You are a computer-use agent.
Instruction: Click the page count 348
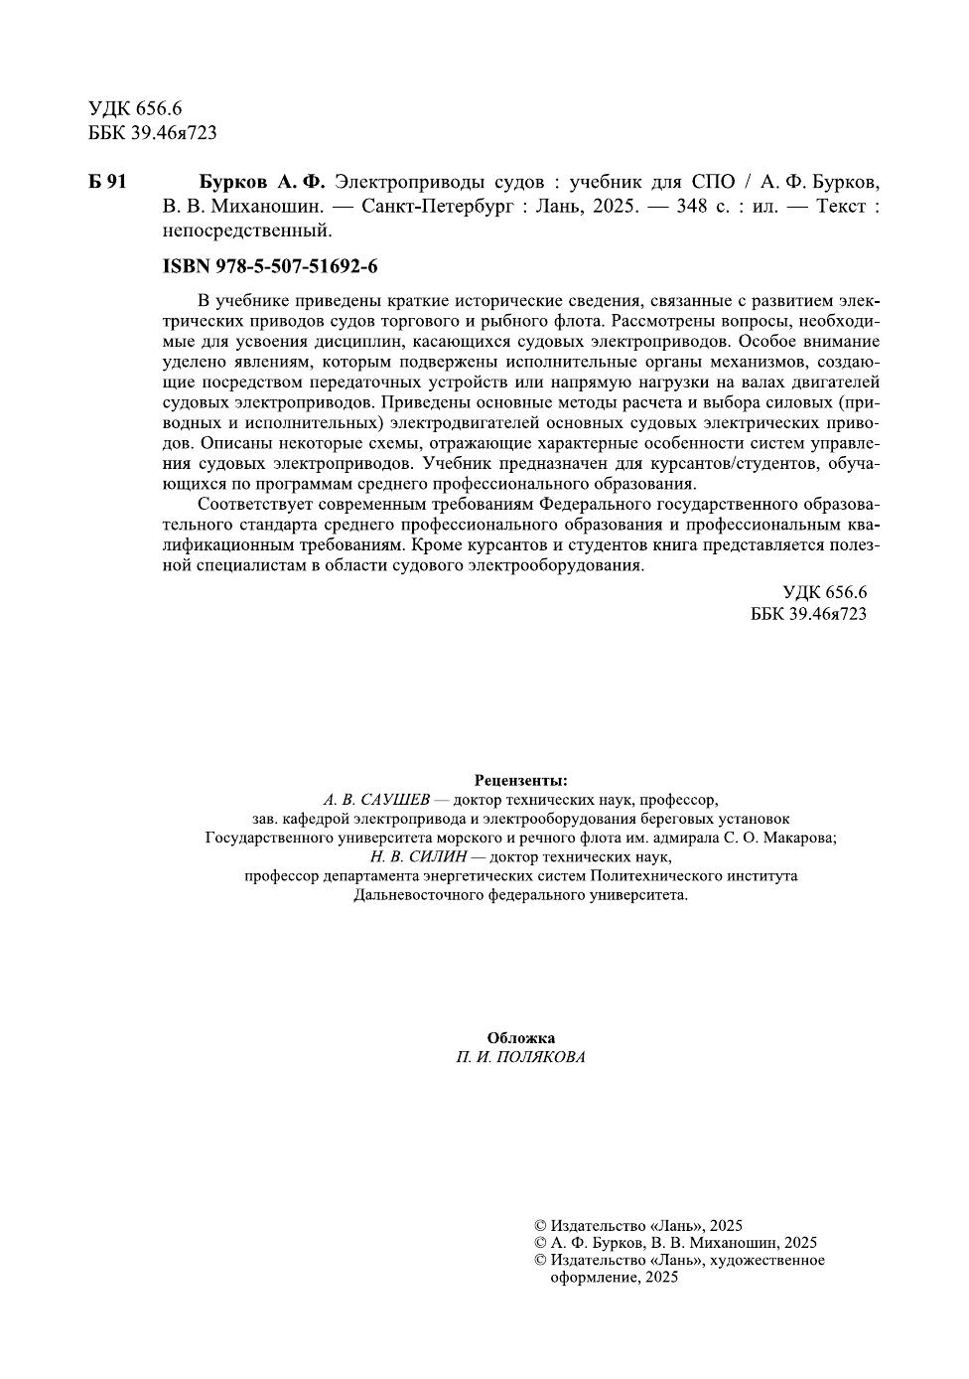click(x=692, y=207)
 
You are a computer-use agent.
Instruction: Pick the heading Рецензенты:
click(x=521, y=780)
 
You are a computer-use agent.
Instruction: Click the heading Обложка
click(x=521, y=1038)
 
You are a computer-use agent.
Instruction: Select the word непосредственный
click(x=245, y=230)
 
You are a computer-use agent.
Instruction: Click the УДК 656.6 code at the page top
click(x=130, y=108)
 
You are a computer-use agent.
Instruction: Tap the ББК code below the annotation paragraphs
click(x=808, y=614)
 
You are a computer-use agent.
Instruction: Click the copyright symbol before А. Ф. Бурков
click(x=540, y=1243)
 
